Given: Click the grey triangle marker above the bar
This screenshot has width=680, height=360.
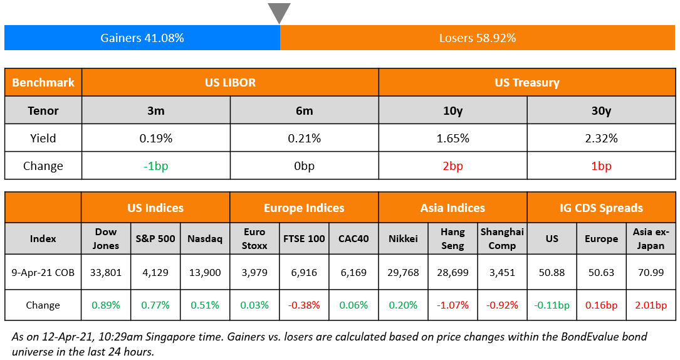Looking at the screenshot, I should (279, 13).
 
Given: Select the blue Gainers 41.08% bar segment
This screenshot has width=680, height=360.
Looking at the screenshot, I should (142, 38).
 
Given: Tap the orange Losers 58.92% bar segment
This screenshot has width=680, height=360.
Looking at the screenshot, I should (478, 38).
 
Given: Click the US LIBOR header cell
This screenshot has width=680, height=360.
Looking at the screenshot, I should (230, 82).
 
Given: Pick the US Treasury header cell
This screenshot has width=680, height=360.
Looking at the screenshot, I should (526, 82).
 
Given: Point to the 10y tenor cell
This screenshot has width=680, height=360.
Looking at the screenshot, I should (452, 110).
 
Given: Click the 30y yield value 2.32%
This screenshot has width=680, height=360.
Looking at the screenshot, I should (601, 139).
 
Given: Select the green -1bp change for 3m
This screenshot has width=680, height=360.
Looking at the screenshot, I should (155, 166).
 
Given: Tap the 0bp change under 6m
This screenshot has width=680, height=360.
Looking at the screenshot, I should (304, 166).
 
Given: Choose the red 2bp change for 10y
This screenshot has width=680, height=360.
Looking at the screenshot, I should (452, 166).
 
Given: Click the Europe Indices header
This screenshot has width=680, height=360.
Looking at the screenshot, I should (304, 208).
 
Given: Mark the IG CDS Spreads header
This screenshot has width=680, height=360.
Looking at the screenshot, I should (601, 208).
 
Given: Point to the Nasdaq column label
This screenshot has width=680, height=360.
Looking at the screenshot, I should (205, 238).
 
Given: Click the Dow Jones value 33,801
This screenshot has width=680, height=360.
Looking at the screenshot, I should (106, 273).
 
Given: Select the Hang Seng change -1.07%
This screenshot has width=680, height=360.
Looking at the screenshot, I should (452, 305).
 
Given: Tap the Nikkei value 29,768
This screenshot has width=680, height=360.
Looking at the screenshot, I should (403, 273).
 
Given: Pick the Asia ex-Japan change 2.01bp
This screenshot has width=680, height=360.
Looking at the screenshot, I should (651, 305).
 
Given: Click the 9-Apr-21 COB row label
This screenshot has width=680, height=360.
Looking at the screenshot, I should (43, 273).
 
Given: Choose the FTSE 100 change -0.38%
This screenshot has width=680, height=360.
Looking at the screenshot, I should (304, 305).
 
